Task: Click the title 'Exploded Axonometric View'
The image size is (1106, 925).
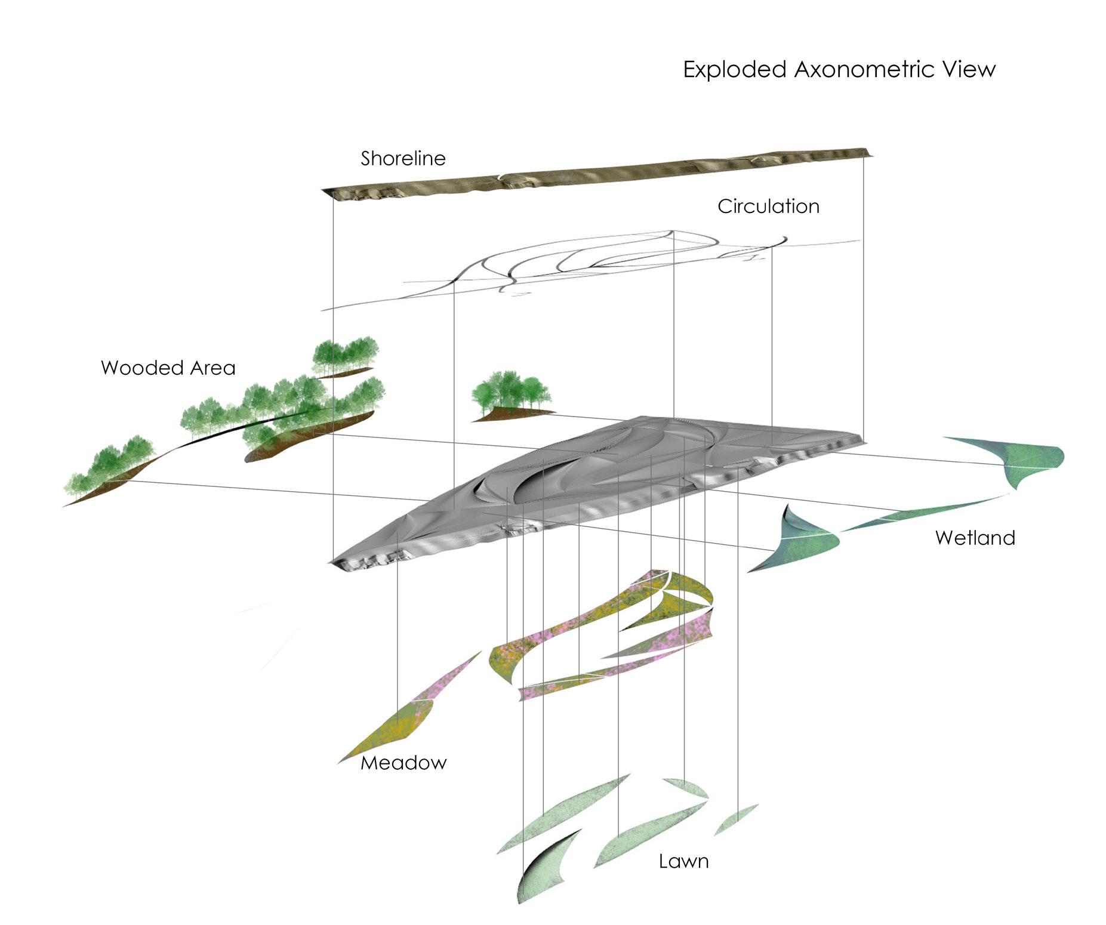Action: tap(839, 70)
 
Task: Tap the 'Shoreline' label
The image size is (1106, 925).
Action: tap(403, 159)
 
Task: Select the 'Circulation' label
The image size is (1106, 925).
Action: tap(768, 206)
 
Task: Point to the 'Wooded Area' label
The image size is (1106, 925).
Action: tap(168, 368)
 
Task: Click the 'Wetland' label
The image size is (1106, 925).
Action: tap(975, 538)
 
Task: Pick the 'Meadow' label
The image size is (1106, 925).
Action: tap(403, 763)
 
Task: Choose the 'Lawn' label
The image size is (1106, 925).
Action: tap(683, 861)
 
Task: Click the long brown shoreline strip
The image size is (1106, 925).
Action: tap(597, 173)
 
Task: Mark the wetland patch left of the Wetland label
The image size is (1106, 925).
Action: tap(800, 540)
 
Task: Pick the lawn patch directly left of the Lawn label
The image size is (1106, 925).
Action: tap(633, 838)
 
